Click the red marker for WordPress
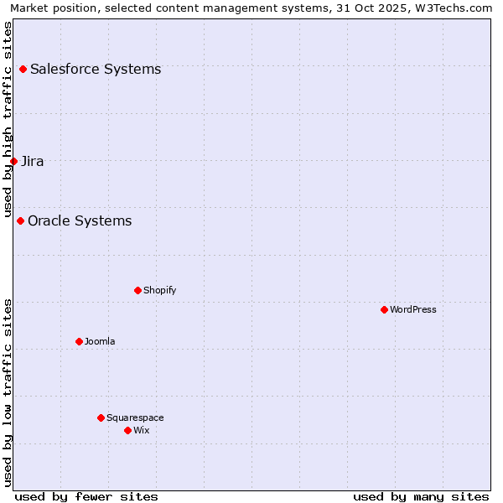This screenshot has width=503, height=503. click(384, 309)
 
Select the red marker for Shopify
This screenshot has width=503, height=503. click(137, 290)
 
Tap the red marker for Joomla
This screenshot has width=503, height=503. click(79, 341)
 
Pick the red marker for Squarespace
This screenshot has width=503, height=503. click(101, 417)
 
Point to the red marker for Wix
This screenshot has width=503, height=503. click(127, 430)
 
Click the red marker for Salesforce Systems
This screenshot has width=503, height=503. click(23, 69)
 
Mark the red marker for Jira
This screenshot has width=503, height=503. click(13, 161)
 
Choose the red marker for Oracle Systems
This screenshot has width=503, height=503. click(20, 220)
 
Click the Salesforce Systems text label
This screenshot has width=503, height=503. click(96, 69)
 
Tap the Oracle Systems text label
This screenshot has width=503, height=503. click(80, 220)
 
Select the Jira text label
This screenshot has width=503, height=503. click(33, 161)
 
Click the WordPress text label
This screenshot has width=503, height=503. click(413, 309)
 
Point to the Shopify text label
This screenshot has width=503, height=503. click(159, 290)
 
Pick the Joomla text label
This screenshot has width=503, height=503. click(100, 341)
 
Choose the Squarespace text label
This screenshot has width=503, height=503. click(135, 417)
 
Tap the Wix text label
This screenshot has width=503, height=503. click(141, 430)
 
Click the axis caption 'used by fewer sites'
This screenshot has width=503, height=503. click(86, 496)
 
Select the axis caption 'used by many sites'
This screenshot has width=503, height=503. click(421, 496)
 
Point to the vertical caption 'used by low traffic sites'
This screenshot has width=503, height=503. click(8, 392)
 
